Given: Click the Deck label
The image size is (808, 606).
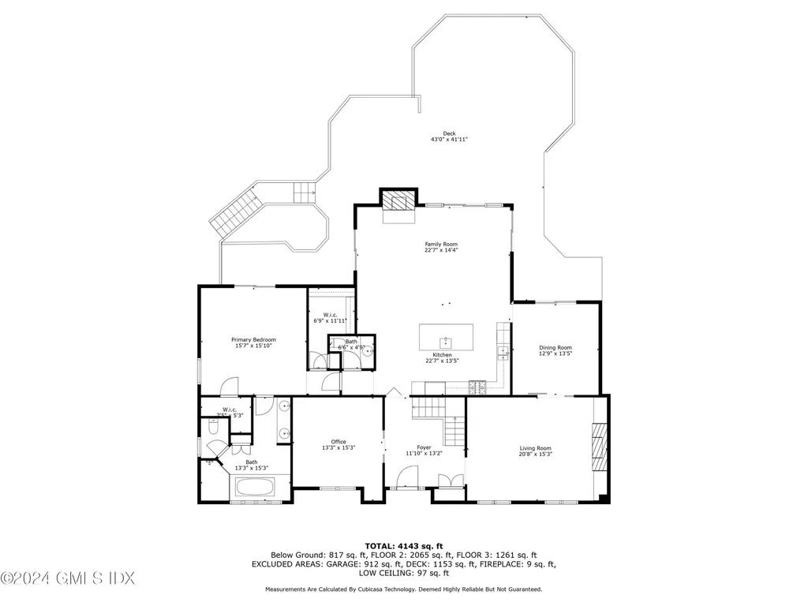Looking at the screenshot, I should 449,133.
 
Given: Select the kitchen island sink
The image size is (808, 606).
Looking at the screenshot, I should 447,341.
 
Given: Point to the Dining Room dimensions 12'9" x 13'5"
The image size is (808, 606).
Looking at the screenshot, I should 555,354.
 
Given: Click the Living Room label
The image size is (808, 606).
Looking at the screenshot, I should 535,447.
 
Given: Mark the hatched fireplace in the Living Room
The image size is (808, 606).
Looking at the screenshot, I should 600,447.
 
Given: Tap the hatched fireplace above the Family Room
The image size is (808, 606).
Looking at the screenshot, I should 398,201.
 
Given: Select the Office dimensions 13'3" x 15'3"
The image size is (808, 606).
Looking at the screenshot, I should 339,447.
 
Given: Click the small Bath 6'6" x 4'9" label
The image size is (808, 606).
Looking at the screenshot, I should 351,343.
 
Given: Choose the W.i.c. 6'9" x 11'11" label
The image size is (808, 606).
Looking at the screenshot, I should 330,317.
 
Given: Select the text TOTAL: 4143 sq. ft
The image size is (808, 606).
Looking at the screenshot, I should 403,545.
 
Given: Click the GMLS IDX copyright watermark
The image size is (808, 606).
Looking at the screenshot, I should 47,579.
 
